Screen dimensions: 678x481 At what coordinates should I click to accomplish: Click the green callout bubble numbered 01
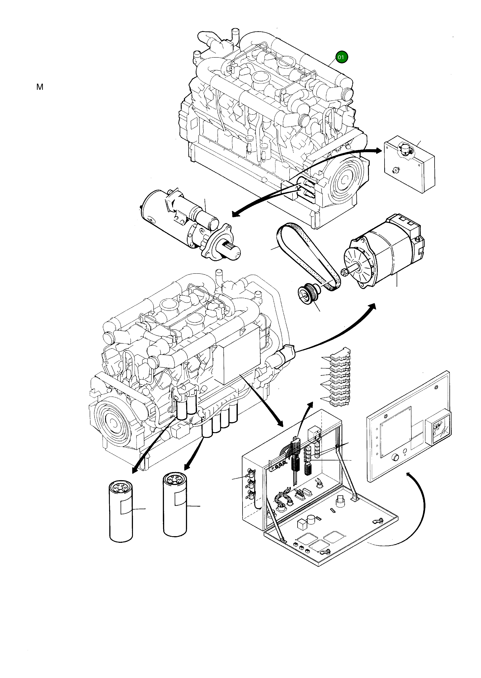(341, 57)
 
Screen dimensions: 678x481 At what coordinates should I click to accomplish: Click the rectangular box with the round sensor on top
(409, 166)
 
